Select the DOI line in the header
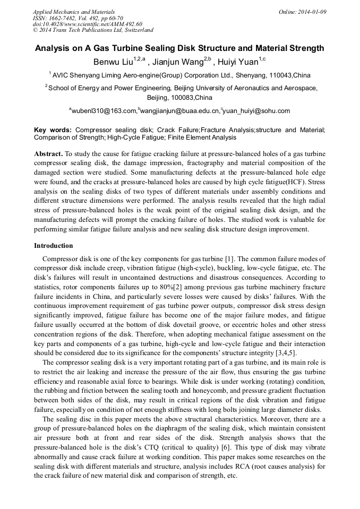87,24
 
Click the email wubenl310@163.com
104,111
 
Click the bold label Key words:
53,130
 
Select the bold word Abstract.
48,153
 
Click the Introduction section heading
54,246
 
